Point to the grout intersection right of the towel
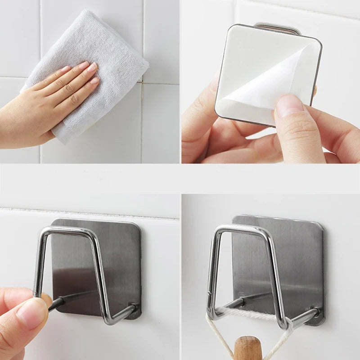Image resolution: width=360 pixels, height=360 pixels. tap(143, 82)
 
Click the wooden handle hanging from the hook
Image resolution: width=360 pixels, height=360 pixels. tap(248, 348)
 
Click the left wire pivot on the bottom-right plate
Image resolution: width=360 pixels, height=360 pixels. tap(241, 301)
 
